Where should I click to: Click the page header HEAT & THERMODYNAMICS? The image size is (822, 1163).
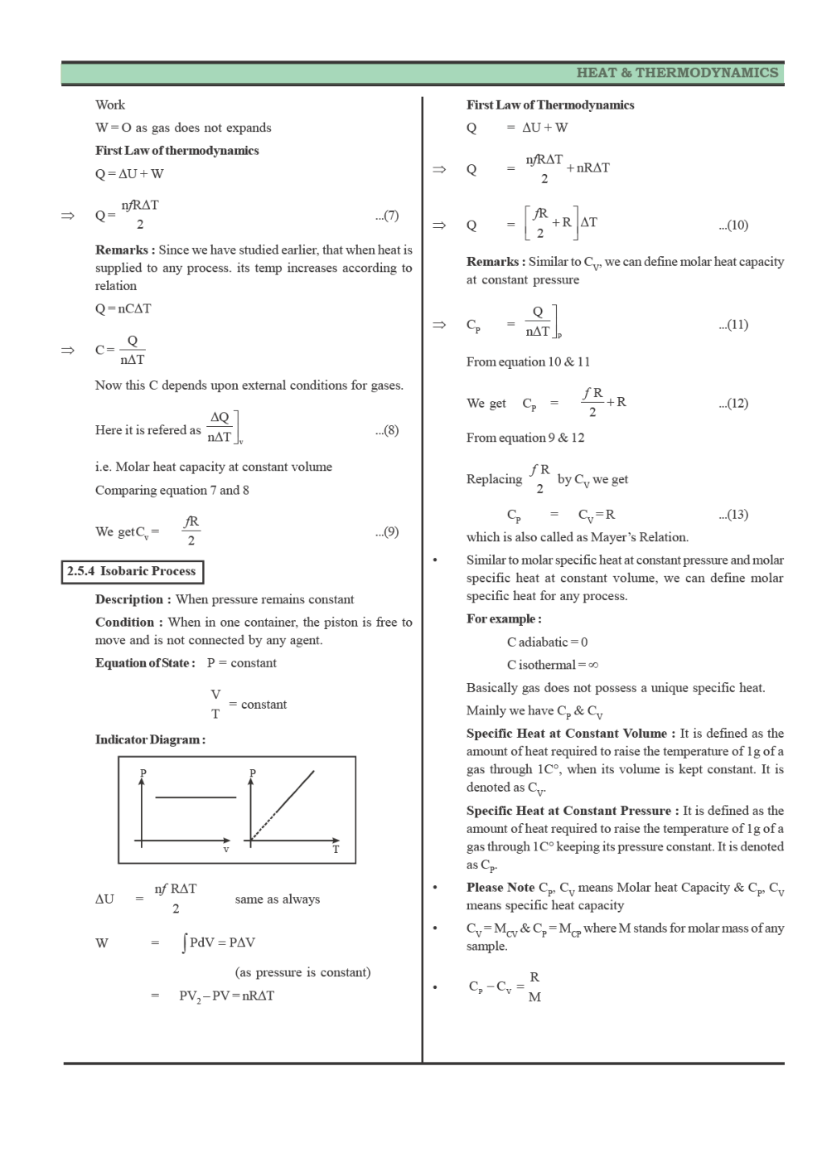click(677, 73)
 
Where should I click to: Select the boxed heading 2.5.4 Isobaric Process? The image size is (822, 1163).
click(132, 571)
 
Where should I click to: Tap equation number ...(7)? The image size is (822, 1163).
click(386, 216)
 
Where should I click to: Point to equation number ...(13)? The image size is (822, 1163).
click(733, 515)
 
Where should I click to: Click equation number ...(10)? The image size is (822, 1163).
click(733, 225)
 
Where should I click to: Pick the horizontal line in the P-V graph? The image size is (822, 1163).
click(196, 797)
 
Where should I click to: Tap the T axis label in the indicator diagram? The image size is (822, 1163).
click(336, 850)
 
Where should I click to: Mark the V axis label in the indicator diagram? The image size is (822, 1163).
click(225, 850)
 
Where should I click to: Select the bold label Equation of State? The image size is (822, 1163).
click(145, 663)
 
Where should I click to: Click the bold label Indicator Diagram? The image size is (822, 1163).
click(150, 739)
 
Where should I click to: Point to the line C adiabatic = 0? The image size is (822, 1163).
click(547, 642)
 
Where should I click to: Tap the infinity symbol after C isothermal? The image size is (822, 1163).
click(593, 665)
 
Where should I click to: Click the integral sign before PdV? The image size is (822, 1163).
click(184, 943)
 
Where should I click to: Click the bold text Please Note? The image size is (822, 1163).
click(500, 888)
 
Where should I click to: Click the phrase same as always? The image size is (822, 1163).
click(277, 899)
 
